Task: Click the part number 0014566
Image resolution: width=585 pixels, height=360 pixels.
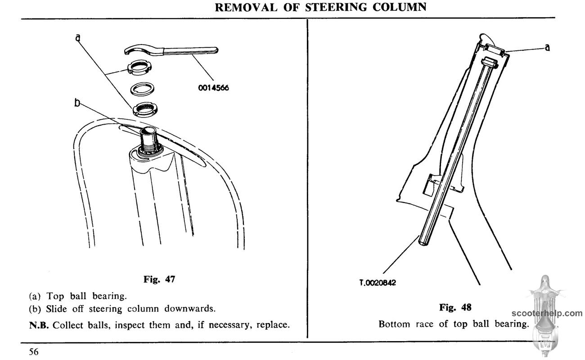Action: (x=213, y=88)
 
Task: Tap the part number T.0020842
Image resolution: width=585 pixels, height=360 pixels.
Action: (x=378, y=283)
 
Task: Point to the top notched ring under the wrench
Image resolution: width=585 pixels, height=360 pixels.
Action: (x=139, y=67)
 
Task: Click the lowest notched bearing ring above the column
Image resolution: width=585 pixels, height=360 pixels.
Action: (x=145, y=109)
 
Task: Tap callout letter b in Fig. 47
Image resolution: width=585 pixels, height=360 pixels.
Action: (x=77, y=103)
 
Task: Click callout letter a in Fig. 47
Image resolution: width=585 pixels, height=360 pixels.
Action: (x=78, y=38)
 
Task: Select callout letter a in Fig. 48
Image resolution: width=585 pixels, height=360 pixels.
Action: (x=547, y=47)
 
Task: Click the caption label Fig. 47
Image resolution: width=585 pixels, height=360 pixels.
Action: (x=159, y=279)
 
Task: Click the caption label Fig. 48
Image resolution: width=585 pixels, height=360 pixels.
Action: (x=455, y=307)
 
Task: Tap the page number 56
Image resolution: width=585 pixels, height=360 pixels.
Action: (x=34, y=351)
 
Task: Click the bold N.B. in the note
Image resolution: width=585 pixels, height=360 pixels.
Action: (x=39, y=325)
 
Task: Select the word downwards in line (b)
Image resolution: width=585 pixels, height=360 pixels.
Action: (x=190, y=309)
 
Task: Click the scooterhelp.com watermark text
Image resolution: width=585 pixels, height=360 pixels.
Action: (x=547, y=314)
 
